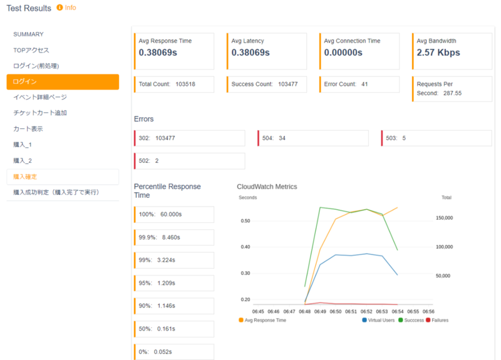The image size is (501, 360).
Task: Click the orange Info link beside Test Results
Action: point(66,8)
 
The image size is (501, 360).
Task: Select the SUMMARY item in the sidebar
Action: point(28,34)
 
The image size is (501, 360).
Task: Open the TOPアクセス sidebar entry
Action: point(31,50)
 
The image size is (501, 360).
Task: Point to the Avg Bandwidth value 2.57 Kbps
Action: point(438,53)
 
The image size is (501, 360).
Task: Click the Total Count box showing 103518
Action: point(175,84)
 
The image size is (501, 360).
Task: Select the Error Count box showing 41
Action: point(359,84)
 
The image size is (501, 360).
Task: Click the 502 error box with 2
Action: point(189,161)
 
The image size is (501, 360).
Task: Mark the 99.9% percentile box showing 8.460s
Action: point(174,238)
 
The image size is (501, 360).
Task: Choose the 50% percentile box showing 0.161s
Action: point(174,329)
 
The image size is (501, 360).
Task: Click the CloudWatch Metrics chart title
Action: point(267,187)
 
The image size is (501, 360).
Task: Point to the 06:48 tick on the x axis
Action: point(304,311)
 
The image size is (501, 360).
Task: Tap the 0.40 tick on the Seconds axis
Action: point(245,247)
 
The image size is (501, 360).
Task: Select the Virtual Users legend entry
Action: point(379,320)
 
